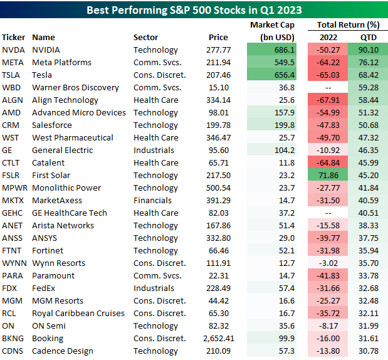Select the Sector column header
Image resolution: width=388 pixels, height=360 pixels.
[146, 37]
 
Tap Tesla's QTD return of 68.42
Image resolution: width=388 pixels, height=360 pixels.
[368, 75]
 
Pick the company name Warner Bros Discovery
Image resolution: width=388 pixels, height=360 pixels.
[75, 88]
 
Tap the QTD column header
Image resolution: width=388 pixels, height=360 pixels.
[368, 37]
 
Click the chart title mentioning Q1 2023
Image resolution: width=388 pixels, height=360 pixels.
[194, 10]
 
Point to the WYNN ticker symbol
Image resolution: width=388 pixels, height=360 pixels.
[14, 263]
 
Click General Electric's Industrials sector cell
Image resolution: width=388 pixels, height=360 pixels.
[153, 151]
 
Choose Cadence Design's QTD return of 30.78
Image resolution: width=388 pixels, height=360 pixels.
[368, 351]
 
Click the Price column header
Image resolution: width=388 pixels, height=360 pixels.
[218, 37]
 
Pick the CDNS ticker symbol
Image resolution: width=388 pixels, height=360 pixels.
[13, 351]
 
